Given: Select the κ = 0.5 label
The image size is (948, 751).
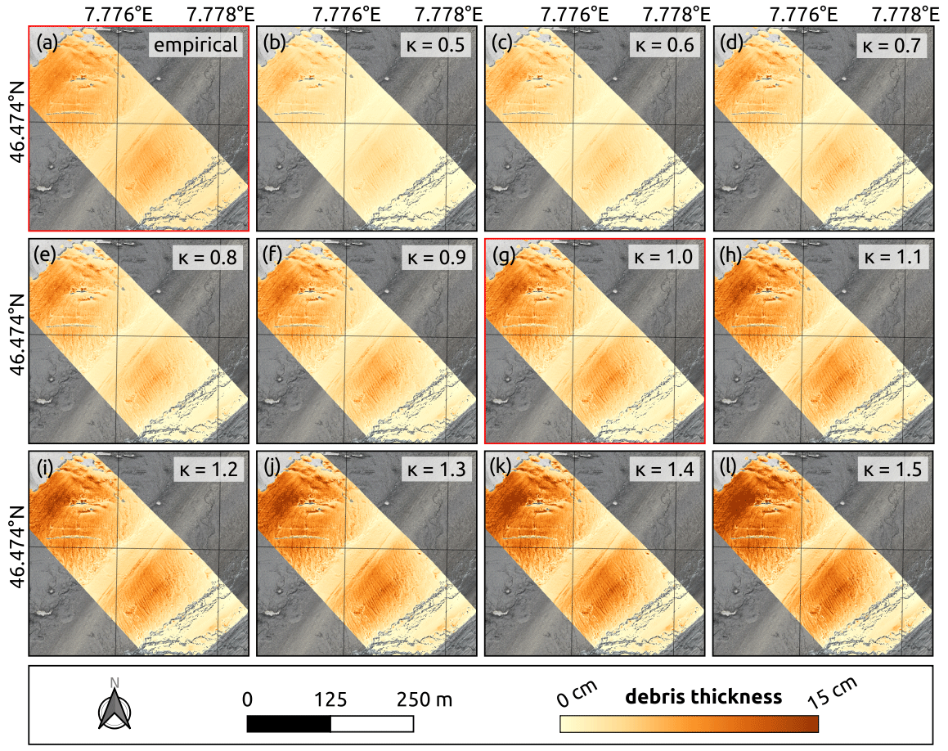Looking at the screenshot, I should pyautogui.click(x=434, y=44).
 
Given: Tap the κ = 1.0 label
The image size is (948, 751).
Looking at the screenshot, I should pyautogui.click(x=663, y=257).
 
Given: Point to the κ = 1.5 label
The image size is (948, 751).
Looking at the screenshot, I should pyautogui.click(x=891, y=469).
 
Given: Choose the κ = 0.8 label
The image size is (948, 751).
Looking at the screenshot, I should pyautogui.click(x=207, y=257).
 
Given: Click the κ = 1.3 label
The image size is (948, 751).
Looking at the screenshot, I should pyautogui.click(x=434, y=469).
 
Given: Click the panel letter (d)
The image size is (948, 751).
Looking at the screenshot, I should pyautogui.click(x=730, y=42).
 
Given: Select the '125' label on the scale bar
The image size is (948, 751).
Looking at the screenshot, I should pyautogui.click(x=330, y=699).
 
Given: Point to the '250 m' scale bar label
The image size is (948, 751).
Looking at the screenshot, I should pyautogui.click(x=425, y=699).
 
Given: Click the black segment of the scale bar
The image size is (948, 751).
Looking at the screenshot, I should pyautogui.click(x=289, y=724).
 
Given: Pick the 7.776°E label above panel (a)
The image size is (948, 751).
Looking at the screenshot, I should pyautogui.click(x=115, y=14).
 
